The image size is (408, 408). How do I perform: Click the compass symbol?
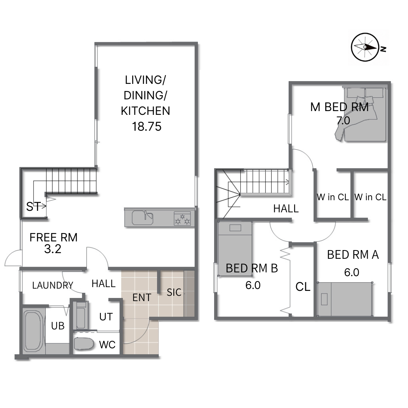click(x=365, y=47)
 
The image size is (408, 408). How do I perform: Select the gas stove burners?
click(x=182, y=218)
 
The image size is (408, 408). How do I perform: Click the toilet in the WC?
click(x=84, y=344)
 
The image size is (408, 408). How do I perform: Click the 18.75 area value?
click(x=147, y=127)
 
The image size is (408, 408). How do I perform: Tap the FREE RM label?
click(x=54, y=237)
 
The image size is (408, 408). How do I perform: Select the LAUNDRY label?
click(x=53, y=286)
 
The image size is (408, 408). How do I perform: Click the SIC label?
click(x=174, y=292)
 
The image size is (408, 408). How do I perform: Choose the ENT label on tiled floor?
click(x=142, y=297)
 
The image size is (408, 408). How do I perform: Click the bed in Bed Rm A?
click(x=345, y=299)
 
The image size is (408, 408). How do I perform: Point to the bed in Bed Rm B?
click(x=235, y=249)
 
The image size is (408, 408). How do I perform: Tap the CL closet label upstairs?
click(x=303, y=287)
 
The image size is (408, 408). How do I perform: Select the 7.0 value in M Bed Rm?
click(x=343, y=121)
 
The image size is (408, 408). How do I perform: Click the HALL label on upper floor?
click(x=286, y=209)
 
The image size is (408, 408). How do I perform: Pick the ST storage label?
click(x=34, y=207)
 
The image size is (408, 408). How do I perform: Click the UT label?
click(x=106, y=317)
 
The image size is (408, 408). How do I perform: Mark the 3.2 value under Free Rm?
click(x=53, y=249)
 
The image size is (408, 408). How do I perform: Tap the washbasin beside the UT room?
click(x=81, y=315)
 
